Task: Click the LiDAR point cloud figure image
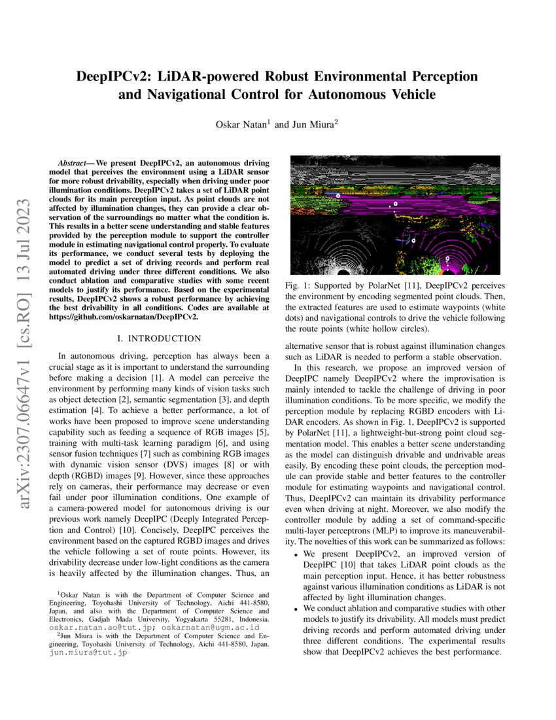394,215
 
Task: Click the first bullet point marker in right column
295,554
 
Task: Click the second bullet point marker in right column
295,609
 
